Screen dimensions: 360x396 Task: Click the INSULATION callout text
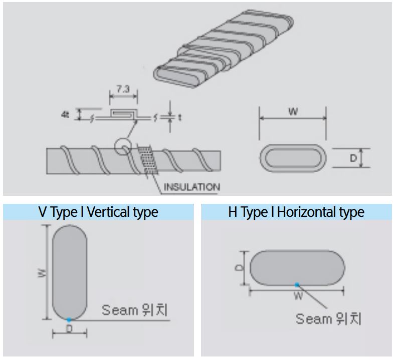(191, 187)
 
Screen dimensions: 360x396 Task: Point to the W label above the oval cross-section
(293, 112)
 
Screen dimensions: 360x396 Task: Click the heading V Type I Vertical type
(98, 212)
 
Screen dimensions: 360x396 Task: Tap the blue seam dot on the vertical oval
(69, 319)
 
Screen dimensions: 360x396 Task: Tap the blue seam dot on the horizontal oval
(297, 284)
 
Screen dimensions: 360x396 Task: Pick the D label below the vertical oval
(69, 328)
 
